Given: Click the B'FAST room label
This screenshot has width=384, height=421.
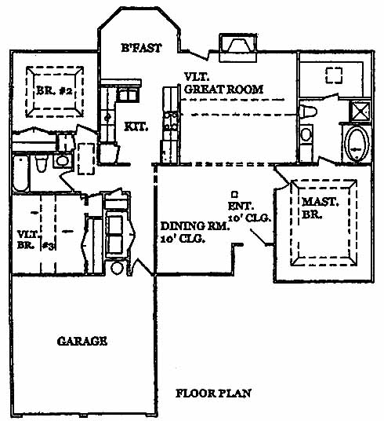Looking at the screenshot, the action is coord(141,48).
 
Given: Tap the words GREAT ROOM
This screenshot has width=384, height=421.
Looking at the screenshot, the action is coord(224,90).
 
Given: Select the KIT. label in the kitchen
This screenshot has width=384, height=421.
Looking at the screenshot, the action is coord(136,126).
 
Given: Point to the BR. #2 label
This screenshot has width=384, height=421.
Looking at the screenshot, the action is coord(54,91).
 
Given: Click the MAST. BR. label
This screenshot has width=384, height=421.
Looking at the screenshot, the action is coord(320,208).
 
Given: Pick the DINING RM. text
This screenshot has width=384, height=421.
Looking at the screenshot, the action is coord(195,226).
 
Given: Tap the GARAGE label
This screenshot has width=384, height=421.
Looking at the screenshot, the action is coord(82,341).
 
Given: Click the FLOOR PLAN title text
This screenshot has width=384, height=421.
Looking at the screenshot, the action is coord(214,394).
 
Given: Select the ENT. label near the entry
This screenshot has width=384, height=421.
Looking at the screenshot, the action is coord(241,207).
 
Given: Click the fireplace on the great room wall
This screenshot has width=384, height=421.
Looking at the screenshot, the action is coord(238,48).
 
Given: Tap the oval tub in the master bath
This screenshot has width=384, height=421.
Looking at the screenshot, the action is coord(357,144).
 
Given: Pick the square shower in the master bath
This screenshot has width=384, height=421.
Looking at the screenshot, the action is coord(360,112).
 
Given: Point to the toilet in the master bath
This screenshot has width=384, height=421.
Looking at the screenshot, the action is coord(308,112).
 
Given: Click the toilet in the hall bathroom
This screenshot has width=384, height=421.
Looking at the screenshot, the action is coord(42,163).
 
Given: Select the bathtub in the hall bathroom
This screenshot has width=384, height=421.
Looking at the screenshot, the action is coord(20,172).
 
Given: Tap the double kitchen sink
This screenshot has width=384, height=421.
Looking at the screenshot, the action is coord(128,95).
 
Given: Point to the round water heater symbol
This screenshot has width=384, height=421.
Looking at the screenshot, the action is coord(117,268).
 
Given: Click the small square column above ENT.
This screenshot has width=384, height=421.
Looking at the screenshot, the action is coord(235,193).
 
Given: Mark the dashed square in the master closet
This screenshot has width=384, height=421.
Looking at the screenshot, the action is coord(334,75).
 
